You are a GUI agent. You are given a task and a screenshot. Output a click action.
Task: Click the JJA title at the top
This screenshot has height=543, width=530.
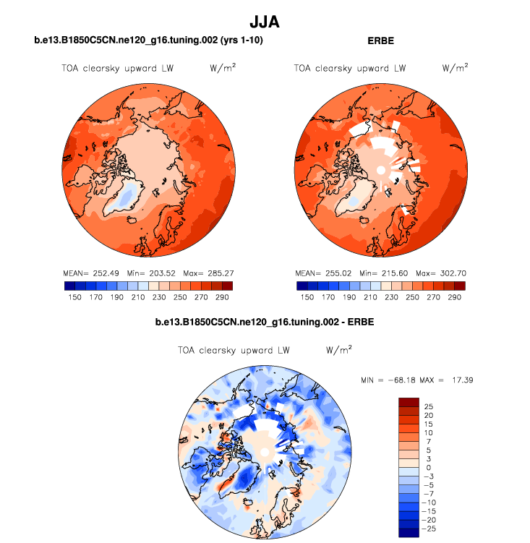tap(264, 22)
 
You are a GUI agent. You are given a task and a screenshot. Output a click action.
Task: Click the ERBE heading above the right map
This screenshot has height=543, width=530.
tap(380, 41)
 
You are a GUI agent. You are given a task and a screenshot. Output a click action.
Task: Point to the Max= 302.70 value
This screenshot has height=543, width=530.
tap(439, 274)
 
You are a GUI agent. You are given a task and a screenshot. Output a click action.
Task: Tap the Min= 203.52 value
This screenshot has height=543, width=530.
tap(148, 274)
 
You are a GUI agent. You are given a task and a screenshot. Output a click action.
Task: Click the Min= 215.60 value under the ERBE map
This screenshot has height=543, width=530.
tap(380, 274)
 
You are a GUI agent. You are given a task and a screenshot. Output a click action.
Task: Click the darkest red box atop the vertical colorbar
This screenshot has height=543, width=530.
tap(409, 401)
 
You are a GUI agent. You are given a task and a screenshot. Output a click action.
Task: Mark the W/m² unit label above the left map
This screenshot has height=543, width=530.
tap(223, 68)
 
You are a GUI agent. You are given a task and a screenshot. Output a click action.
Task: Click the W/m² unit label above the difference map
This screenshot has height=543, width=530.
tap(339, 349)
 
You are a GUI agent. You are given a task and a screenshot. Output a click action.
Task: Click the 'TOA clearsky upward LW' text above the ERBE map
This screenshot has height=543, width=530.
tap(349, 69)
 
